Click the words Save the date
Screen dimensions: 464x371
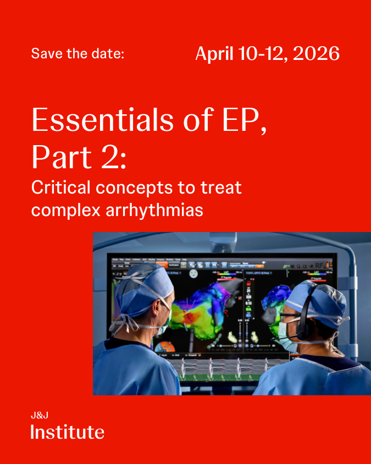[x=77, y=54]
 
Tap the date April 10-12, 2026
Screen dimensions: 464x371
[x=267, y=53]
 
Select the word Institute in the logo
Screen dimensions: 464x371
[x=67, y=432]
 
